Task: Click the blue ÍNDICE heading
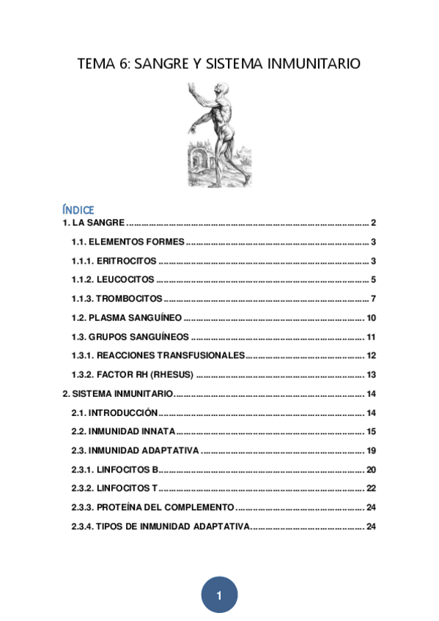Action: (x=78, y=210)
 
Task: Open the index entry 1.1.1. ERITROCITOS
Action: (x=114, y=261)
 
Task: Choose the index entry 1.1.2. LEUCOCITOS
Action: (x=113, y=280)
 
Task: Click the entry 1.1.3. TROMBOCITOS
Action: (x=117, y=299)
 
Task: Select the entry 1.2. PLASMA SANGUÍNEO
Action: (x=126, y=318)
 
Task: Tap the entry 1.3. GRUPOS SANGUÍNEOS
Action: (x=130, y=337)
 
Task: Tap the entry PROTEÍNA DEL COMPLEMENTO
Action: (x=165, y=507)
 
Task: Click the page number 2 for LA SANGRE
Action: (x=373, y=223)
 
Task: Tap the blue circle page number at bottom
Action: (x=219, y=595)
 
